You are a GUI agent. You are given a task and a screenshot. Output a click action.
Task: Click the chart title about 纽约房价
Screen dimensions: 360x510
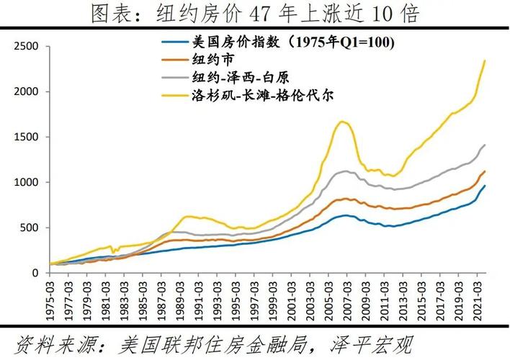[254, 13]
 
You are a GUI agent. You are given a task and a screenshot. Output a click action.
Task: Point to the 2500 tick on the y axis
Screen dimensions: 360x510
[27, 46]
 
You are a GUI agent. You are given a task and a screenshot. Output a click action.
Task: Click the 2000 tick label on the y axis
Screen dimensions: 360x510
[27, 91]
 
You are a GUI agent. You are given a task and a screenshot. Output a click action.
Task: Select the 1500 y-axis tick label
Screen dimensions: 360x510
[27, 137]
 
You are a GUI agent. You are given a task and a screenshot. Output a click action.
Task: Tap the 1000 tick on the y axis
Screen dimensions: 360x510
[27, 182]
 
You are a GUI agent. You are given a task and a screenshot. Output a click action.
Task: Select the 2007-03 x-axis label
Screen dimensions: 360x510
[347, 298]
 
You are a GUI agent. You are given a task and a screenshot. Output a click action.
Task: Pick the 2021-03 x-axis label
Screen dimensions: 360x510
[476, 298]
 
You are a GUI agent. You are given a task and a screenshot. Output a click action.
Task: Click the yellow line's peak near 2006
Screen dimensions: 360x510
[342, 121]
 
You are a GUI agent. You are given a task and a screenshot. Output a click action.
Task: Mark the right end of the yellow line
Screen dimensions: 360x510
[485, 60]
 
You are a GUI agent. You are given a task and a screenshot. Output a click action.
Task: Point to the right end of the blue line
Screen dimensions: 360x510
[485, 186]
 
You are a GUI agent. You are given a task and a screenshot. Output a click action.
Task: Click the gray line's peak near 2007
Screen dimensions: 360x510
[346, 171]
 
